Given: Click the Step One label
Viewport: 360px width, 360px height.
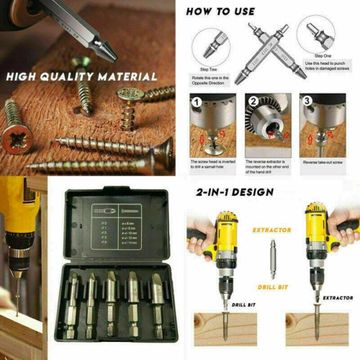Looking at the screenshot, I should click(323, 55).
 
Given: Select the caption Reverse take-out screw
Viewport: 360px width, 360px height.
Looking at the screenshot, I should click(328, 163).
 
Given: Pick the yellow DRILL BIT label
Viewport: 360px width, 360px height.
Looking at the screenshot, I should click(271, 287).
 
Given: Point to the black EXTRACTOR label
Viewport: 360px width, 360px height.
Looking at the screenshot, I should click(338, 295).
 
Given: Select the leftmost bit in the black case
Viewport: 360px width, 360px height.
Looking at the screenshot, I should click(73, 296).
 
